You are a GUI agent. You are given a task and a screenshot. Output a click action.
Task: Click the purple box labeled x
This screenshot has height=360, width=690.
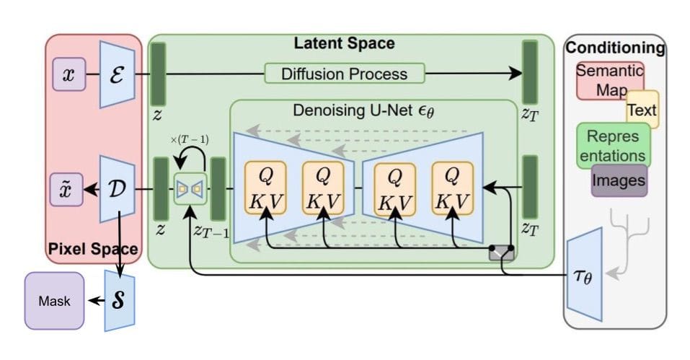[68, 74]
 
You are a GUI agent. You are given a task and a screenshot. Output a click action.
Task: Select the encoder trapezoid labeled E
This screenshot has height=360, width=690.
[116, 74]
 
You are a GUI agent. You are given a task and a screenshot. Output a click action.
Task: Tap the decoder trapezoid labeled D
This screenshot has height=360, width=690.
[116, 189]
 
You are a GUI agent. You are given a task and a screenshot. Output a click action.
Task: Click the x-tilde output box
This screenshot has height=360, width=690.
[68, 189]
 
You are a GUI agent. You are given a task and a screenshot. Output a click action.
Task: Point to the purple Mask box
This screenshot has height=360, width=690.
[54, 300]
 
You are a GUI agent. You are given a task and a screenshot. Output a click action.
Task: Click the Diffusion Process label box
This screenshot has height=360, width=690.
[344, 74]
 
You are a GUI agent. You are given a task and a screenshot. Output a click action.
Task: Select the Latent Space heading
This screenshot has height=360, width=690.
[344, 43]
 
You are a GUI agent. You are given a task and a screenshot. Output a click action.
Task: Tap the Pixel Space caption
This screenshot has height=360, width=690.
[92, 250]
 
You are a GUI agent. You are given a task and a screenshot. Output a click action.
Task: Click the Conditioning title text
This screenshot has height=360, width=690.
[615, 48]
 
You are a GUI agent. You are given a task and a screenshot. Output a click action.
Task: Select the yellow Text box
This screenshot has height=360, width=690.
[642, 110]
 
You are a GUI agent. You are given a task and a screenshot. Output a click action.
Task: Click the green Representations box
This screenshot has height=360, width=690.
[613, 145]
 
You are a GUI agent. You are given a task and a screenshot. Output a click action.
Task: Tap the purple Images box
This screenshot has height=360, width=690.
[619, 180]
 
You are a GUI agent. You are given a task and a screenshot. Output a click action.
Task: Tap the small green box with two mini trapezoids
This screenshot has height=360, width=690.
[190, 189]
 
